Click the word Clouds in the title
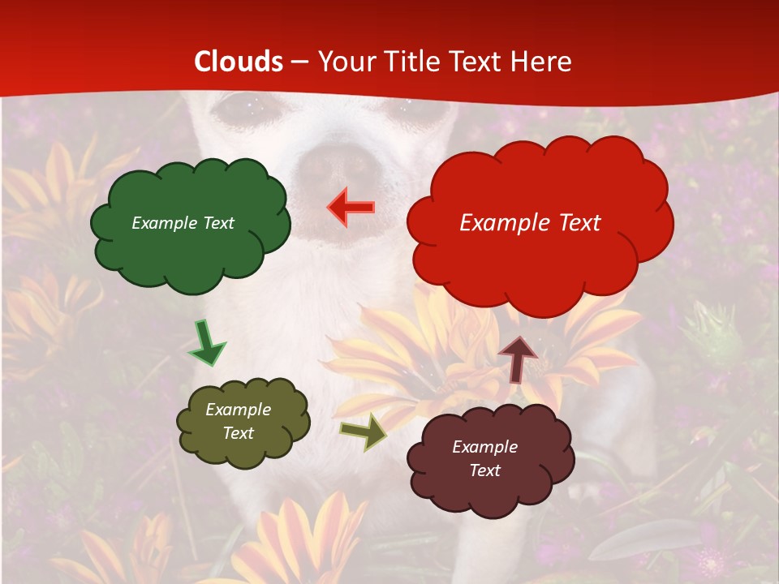[x=239, y=61]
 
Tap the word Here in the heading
[x=543, y=61]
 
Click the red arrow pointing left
[x=351, y=207]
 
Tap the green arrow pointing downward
[x=206, y=344]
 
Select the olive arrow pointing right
[x=364, y=432]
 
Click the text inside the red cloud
[x=530, y=222]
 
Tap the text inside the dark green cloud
[x=183, y=223]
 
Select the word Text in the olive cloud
[x=238, y=433]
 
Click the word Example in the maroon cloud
[x=484, y=447]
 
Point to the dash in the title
[x=300, y=62]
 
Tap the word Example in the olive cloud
[x=238, y=410]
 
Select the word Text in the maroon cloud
[x=484, y=470]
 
